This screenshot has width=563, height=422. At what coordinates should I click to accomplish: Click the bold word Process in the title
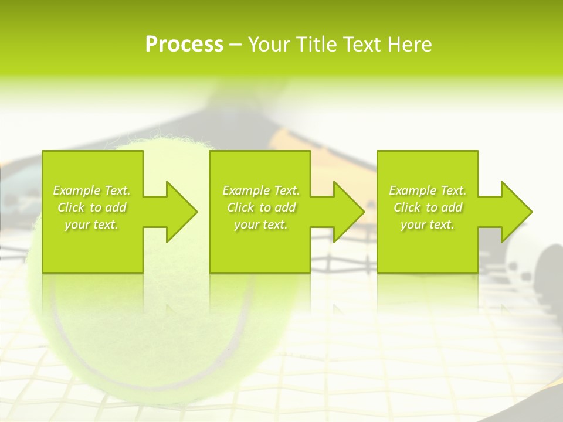pos(184,45)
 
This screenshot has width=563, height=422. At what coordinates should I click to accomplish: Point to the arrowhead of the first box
pos(182,212)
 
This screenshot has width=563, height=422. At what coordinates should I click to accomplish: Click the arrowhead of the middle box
pos(349,212)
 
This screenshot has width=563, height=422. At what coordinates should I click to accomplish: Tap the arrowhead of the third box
pos(517,212)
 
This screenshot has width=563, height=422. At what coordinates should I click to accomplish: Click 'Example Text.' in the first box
pos(92,190)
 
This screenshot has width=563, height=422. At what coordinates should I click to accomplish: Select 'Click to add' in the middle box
pos(261,207)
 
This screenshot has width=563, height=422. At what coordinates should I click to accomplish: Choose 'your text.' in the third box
pos(428,224)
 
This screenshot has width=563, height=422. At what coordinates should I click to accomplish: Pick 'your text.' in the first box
pos(92,224)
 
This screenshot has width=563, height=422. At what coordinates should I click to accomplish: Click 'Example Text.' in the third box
pos(428,190)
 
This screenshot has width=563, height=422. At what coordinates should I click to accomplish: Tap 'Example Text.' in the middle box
pos(261,190)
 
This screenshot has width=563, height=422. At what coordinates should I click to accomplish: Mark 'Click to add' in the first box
pos(92,207)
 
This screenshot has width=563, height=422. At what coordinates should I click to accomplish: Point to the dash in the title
pos(236,45)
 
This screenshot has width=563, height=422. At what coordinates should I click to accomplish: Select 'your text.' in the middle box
pos(261,224)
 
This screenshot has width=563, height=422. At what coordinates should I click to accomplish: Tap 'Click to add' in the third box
pos(428,207)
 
